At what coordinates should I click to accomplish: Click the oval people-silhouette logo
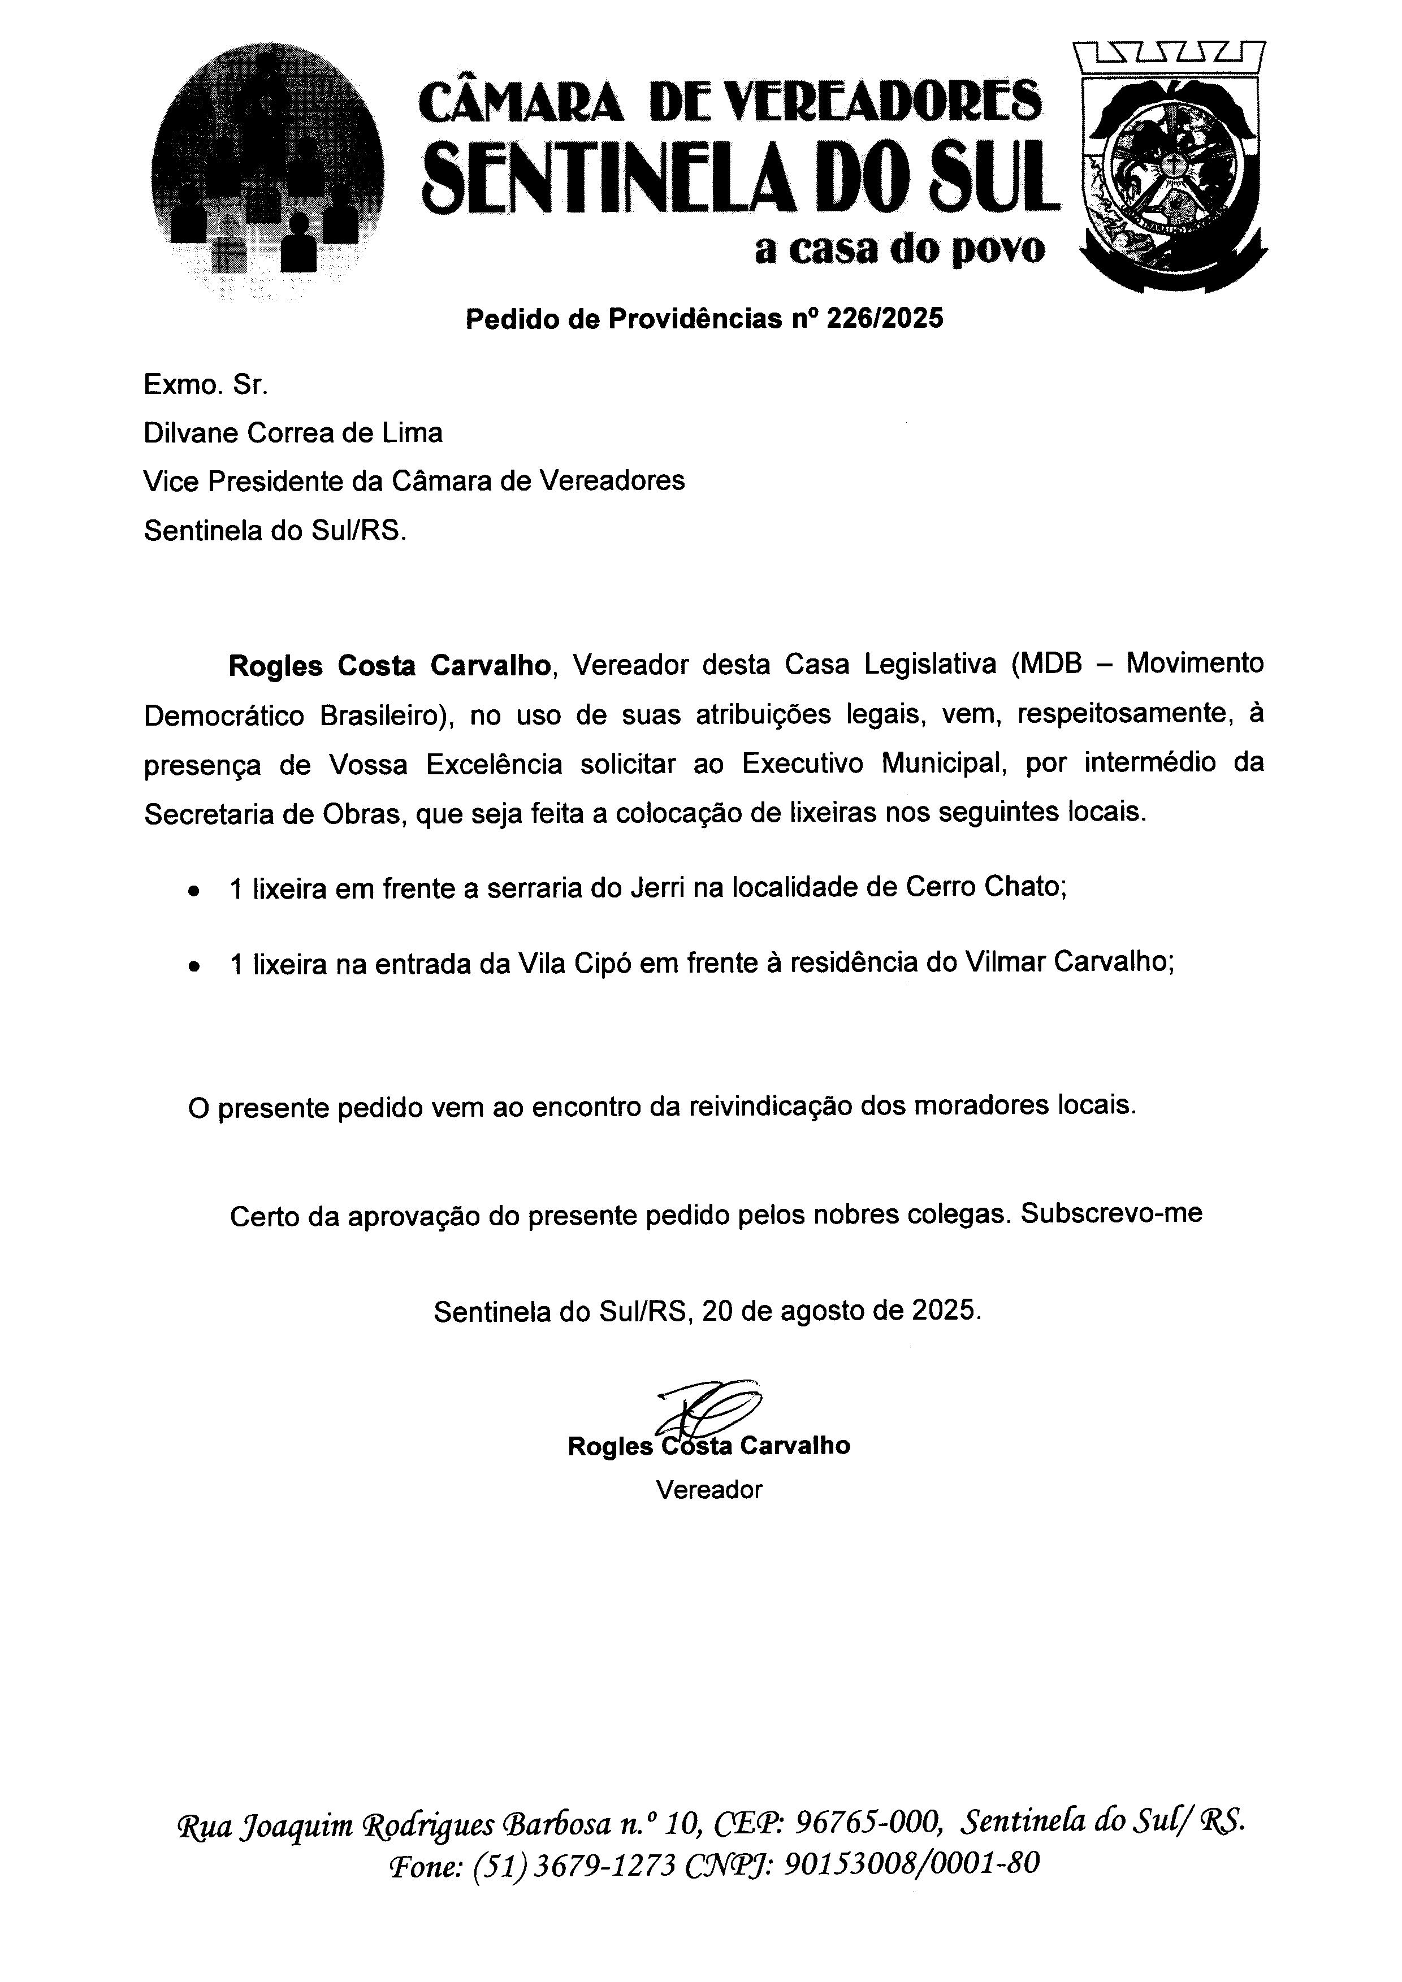[266, 172]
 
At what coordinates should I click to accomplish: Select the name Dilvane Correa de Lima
[293, 432]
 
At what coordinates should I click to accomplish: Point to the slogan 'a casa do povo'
[899, 249]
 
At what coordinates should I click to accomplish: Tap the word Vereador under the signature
[709, 1490]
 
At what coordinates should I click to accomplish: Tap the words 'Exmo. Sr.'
[205, 384]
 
